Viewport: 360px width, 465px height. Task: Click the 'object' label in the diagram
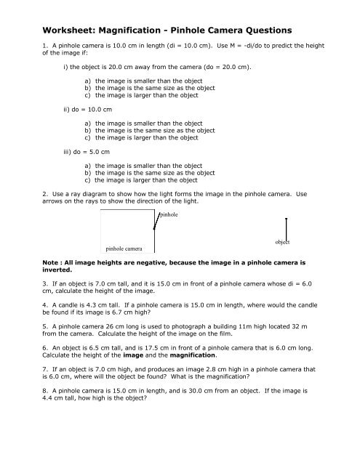(x=283, y=241)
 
